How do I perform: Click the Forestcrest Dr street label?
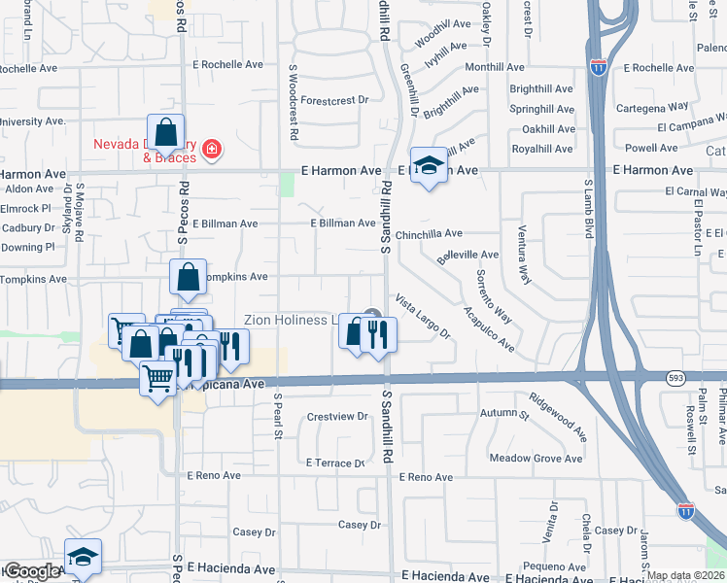coord(335,100)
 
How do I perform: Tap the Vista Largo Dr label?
coord(423,317)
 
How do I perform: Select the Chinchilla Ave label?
coord(429,234)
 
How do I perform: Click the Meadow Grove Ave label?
coord(536,458)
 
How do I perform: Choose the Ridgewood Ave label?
coord(558,415)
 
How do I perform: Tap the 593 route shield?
coord(676,376)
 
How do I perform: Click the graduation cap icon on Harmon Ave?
coord(428,166)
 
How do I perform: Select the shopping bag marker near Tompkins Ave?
coord(188,278)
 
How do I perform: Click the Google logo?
coord(31,571)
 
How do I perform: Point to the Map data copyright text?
coord(686,575)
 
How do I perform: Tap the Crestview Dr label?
coord(337,417)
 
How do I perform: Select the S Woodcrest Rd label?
coord(293,102)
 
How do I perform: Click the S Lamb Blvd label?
coord(587,209)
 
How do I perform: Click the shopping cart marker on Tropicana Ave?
coord(157,377)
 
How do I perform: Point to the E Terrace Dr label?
coord(334,463)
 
